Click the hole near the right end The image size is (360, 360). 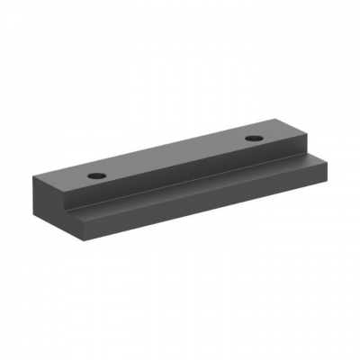point(255,139)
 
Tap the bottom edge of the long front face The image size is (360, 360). point(207,216)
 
